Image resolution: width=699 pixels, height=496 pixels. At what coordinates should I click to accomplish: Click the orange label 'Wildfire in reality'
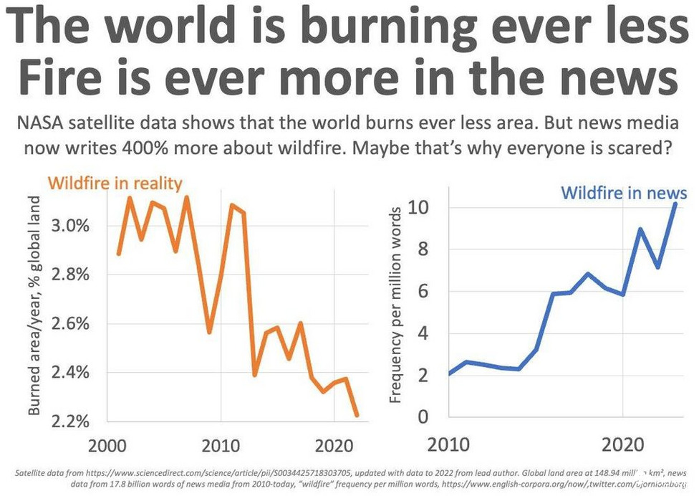click(115, 183)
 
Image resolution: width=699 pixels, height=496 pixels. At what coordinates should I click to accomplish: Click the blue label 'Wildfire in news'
click(624, 193)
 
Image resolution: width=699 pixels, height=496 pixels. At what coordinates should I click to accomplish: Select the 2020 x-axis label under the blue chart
click(622, 444)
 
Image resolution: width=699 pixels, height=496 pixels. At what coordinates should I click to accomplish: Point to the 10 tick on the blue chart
click(420, 208)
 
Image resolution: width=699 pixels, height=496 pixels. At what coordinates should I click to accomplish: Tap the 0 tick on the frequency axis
click(424, 416)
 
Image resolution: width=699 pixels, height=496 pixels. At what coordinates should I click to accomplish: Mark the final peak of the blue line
click(675, 204)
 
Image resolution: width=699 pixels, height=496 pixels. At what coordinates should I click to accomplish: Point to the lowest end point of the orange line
click(357, 415)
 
